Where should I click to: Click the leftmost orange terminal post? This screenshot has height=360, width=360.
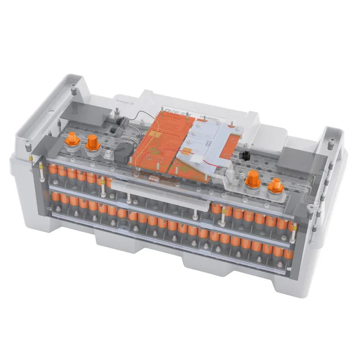coord(72,139)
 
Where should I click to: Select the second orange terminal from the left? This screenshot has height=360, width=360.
coord(91,142)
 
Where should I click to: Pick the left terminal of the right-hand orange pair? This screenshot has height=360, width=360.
coord(253,179)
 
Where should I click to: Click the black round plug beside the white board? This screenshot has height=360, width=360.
coord(244,155)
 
